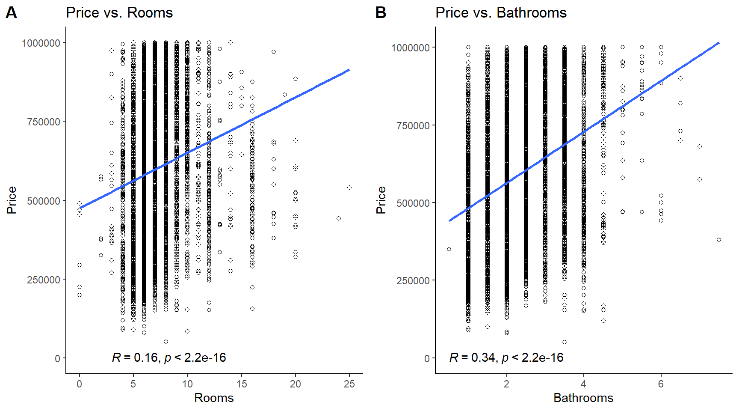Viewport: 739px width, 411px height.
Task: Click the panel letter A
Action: coord(12,13)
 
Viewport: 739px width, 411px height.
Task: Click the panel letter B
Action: coord(381,13)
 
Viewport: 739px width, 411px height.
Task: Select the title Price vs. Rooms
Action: coord(119,13)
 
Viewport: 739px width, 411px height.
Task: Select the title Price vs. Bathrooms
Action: coord(501,13)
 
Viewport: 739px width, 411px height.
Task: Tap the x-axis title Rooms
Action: coord(214,398)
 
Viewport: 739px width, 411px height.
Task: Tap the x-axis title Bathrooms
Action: coord(583,398)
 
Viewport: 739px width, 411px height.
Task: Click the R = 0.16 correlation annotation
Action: coord(169,357)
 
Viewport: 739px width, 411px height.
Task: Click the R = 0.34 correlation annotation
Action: coord(506,357)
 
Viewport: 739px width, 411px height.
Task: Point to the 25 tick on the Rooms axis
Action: coord(349,384)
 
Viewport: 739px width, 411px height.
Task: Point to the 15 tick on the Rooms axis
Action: coord(241,384)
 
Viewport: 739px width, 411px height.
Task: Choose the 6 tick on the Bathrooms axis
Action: coord(661,384)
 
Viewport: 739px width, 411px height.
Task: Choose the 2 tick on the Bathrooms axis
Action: coord(506,384)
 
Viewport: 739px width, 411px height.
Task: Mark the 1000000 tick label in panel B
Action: coord(411,48)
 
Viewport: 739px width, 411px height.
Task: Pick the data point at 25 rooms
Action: coord(349,188)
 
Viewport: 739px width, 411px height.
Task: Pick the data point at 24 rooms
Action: coord(339,218)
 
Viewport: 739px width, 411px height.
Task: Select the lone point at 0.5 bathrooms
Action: coord(449,249)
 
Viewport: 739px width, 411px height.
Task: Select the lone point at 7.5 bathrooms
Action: coord(719,240)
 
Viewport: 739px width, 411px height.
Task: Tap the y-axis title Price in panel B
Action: coord(381,200)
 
